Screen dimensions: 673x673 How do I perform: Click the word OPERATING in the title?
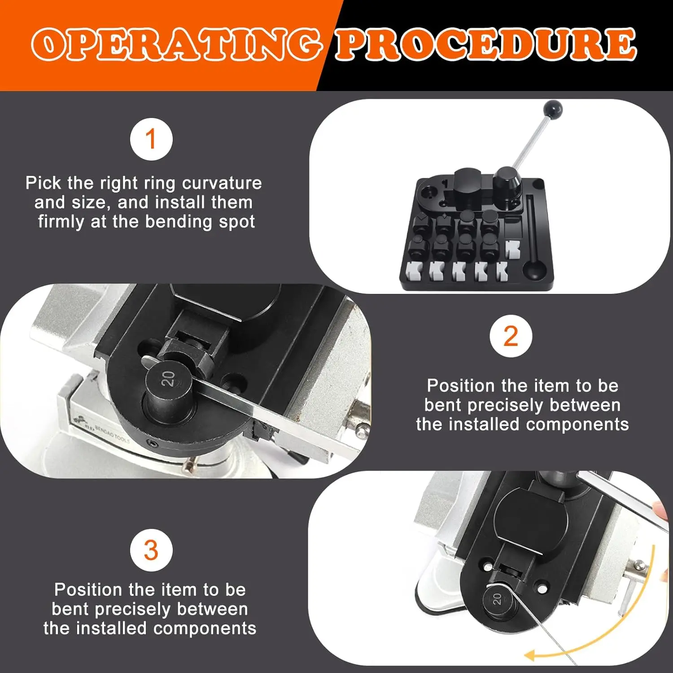[x=176, y=44]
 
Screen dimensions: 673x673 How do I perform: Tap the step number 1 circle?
[x=151, y=139]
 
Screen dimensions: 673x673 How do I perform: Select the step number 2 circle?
[x=511, y=336]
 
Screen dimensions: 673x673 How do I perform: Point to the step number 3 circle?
[x=151, y=550]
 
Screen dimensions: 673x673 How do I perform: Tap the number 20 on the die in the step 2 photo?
[x=168, y=379]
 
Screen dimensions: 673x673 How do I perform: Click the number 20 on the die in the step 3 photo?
[x=497, y=599]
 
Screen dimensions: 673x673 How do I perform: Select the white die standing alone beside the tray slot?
[x=512, y=249]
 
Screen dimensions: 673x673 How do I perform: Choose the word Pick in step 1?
[x=44, y=183]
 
